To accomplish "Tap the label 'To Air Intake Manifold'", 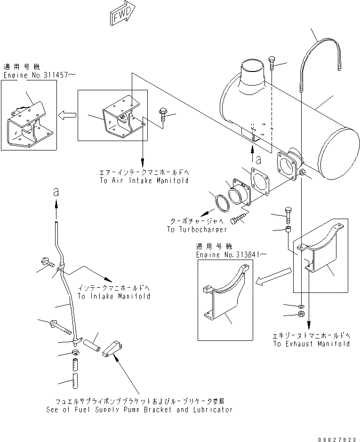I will (144, 181).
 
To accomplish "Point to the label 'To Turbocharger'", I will (197, 229).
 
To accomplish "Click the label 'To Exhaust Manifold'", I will (311, 344).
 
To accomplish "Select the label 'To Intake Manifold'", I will (114, 296).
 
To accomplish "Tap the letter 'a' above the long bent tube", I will (56, 193).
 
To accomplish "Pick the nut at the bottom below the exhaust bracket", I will (302, 315).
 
